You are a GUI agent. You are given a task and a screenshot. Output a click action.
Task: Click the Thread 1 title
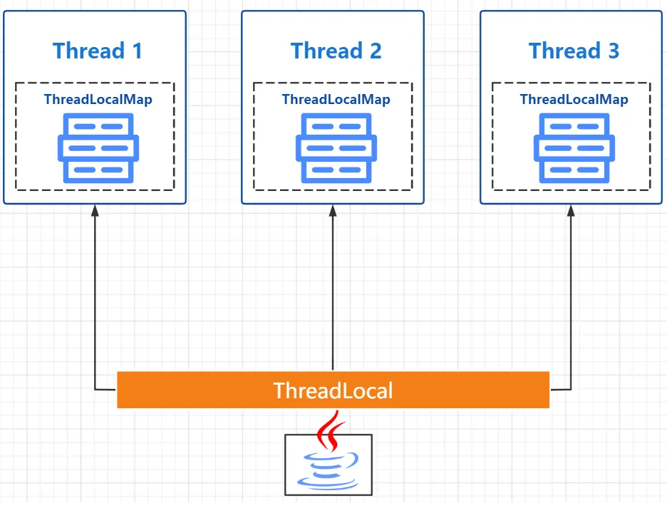pos(98,51)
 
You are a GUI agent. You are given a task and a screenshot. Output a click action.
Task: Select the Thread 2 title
pos(336,51)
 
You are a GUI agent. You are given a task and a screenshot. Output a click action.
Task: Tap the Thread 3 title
pos(574,51)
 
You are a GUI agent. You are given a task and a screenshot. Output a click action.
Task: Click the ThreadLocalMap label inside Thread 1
pos(98,100)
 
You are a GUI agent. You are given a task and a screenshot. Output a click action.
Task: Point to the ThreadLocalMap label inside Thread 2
pos(336,100)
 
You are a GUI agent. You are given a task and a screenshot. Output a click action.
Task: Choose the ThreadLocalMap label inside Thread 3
pos(574,100)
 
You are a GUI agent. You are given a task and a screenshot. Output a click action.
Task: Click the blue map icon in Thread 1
pos(98,148)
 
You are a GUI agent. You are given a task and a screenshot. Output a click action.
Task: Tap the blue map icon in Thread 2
pos(336,148)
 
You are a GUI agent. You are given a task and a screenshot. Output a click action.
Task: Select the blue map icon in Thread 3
pos(574,148)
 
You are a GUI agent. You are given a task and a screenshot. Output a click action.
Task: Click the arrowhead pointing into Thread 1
pos(95,210)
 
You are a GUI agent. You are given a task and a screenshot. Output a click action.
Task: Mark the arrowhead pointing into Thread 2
pos(333,210)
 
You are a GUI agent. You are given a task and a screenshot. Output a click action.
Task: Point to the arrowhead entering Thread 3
pos(571,210)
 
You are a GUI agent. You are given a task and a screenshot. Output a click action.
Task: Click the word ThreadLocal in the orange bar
pos(333,390)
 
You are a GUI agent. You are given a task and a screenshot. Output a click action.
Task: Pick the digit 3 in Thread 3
pos(612,51)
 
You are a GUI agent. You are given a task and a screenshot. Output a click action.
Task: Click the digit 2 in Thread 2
pos(374,51)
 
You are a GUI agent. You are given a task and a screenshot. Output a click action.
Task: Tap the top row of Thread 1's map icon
pos(98,126)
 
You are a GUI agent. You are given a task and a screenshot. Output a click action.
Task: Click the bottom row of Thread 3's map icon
pos(574,170)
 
